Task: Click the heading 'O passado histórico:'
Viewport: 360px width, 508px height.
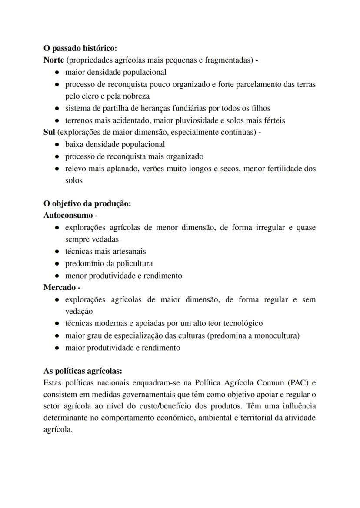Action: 80,48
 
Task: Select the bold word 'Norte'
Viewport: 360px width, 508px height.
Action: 54,60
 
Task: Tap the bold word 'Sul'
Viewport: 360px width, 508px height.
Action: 49,132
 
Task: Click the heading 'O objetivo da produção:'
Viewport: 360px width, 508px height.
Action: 87,203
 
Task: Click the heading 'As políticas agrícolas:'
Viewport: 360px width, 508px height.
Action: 83,371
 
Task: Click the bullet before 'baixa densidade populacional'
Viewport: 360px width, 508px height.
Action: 57,144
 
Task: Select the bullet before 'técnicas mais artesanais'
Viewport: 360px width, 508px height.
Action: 57,252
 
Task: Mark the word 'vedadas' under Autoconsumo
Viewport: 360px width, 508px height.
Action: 92,239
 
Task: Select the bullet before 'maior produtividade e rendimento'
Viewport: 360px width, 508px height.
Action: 57,348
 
